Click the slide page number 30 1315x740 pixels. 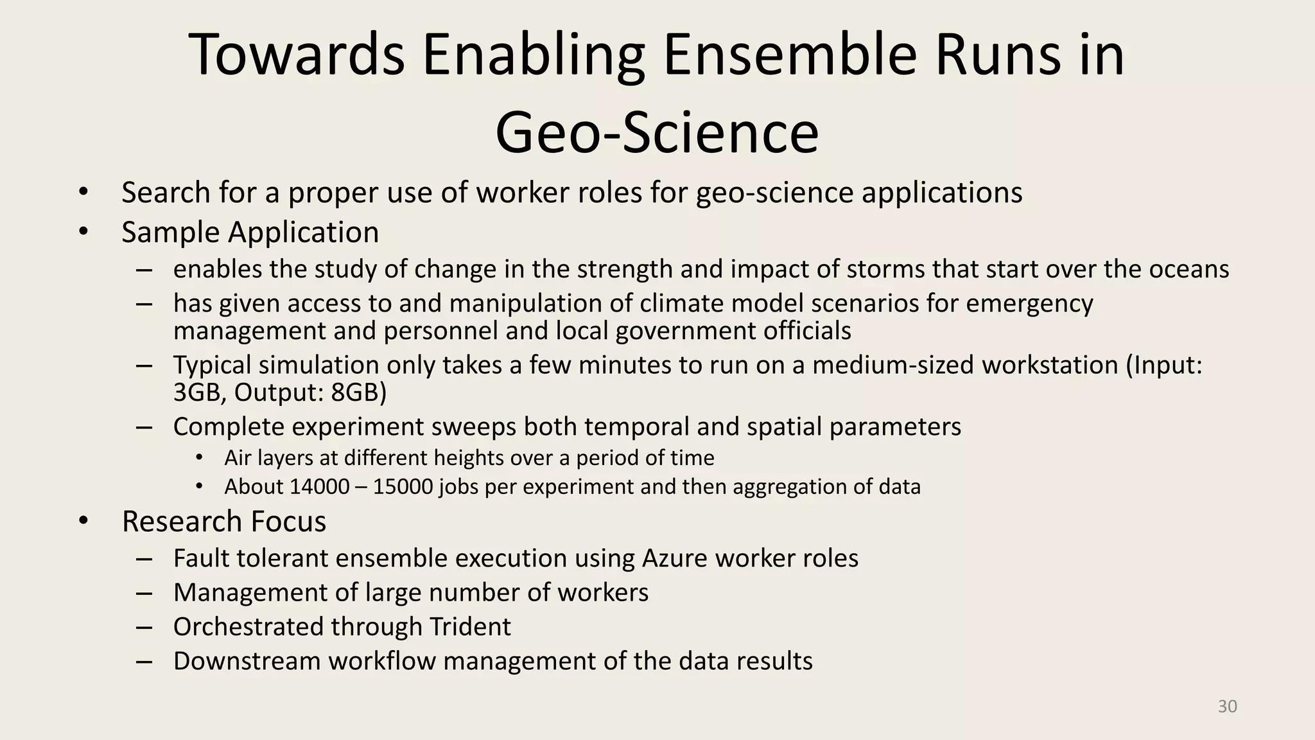1227,707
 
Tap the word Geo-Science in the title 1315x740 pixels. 657,132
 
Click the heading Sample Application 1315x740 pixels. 250,232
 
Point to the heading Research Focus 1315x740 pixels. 223,521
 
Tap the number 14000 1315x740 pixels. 316,486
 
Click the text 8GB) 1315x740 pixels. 358,392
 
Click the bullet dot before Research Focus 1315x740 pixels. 83,521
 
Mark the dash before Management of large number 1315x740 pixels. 144,592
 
